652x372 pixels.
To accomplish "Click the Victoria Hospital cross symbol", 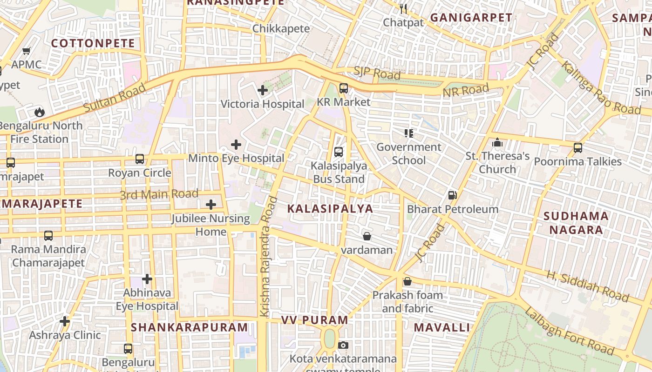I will click(x=263, y=90).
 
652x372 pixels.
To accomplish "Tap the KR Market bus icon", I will click(x=344, y=88).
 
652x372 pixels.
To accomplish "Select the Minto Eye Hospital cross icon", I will click(x=236, y=145).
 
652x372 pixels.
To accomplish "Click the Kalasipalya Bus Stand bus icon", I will click(x=339, y=152).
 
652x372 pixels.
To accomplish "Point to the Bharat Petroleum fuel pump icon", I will click(x=452, y=195).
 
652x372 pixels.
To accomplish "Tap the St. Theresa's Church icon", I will click(x=497, y=142).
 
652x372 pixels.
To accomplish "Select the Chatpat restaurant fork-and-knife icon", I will click(x=403, y=8).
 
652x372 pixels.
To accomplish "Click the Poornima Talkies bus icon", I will click(x=577, y=148).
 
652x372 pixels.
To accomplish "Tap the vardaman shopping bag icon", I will click(x=367, y=236).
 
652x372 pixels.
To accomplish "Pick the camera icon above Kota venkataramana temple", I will click(x=343, y=345).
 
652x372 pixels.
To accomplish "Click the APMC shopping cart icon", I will click(x=27, y=51).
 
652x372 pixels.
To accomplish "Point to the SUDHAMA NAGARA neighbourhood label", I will click(x=576, y=223).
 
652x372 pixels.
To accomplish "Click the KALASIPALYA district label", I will click(x=330, y=209).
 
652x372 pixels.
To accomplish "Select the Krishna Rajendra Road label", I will click(x=269, y=257).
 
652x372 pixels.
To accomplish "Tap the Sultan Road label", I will click(x=115, y=98).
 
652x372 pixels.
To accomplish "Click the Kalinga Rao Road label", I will click(x=600, y=88).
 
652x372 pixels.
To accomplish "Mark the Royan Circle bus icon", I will click(x=140, y=159).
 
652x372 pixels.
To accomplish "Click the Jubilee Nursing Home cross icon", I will click(x=211, y=205).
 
